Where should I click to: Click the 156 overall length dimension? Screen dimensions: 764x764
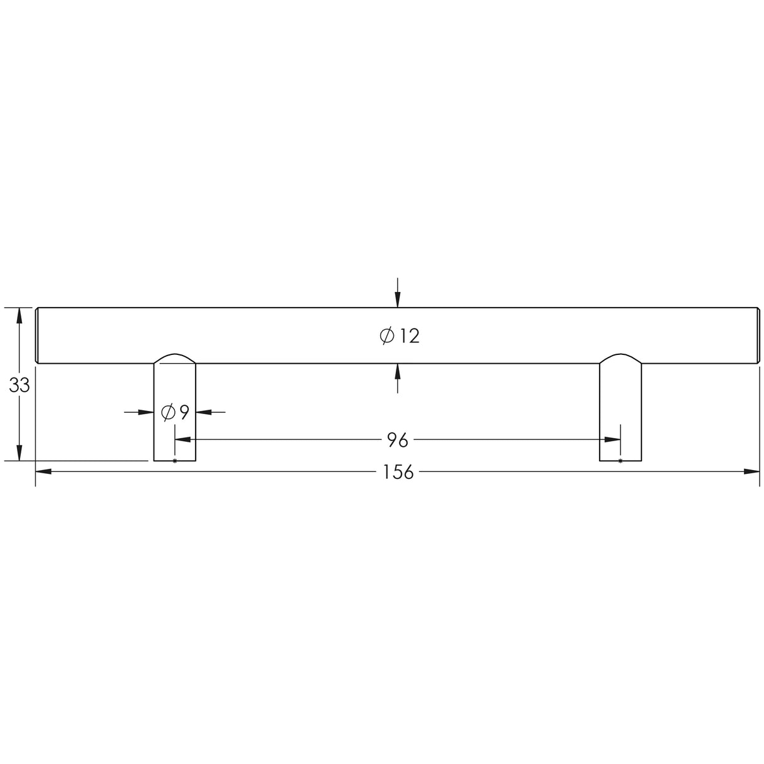(398, 473)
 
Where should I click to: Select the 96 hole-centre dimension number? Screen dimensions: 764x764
(398, 441)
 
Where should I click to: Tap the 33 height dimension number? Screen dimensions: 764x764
(20, 385)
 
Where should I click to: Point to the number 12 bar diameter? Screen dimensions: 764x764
(409, 336)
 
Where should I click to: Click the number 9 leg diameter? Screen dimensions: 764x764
(184, 413)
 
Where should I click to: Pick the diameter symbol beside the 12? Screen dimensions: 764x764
(387, 336)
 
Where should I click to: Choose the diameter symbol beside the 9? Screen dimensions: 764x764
(168, 413)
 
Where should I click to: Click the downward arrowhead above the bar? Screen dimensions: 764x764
(398, 300)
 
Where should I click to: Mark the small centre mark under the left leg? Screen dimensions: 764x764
(174, 461)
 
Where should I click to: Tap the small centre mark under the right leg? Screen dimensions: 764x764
(621, 461)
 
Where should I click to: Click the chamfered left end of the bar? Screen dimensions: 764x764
(37, 335)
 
